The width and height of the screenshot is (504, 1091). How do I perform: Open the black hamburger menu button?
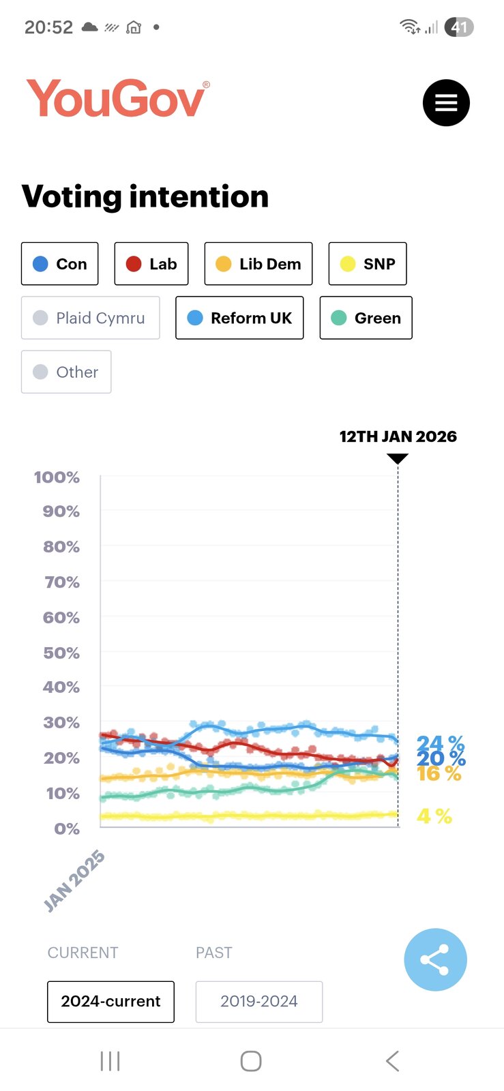coord(446,103)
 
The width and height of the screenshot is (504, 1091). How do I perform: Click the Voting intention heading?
coord(145,196)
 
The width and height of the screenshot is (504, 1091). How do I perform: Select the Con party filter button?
coord(60,264)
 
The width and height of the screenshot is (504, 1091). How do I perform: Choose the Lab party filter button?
coord(151,264)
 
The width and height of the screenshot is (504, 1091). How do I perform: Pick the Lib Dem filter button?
coord(258,264)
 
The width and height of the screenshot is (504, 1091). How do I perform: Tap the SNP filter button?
coord(368,264)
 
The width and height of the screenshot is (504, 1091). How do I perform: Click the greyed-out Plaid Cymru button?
coord(90,318)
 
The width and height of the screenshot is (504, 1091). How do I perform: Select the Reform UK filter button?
coord(239,318)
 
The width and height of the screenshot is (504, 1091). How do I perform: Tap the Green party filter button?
coord(366,318)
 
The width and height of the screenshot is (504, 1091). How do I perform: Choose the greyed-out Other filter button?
coord(66,372)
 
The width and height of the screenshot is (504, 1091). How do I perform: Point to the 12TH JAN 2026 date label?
coord(398,436)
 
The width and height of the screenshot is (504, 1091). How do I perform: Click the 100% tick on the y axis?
coord(57,477)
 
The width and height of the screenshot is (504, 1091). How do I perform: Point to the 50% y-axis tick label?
coord(61,653)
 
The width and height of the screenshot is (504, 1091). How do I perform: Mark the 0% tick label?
coord(67,828)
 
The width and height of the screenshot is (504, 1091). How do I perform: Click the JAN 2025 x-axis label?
coord(74,880)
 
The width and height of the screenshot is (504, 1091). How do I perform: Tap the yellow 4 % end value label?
coord(434,816)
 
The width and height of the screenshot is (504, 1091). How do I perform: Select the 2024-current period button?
coord(110,1002)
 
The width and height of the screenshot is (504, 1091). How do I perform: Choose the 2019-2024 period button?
coord(259,1002)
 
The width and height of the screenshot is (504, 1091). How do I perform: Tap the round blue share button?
coord(435,959)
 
